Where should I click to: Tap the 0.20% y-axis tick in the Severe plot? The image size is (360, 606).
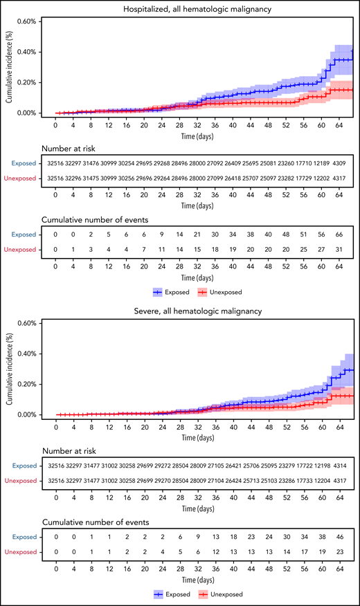pos(27,384)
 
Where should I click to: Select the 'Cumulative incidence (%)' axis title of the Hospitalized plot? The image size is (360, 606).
pos(9,67)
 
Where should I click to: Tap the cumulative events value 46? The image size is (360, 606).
pos(339,536)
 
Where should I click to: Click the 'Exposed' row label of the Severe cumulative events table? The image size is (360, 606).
pos(24,536)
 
